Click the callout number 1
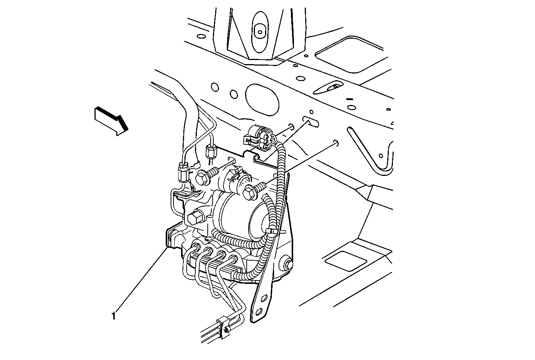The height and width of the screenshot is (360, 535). (x=114, y=316)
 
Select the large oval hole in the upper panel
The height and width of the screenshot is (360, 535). (x=262, y=100)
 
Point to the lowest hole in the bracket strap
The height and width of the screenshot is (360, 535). (x=259, y=312)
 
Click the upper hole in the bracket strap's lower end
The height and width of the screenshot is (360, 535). (x=264, y=298)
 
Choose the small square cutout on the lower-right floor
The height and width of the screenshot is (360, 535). (x=346, y=261)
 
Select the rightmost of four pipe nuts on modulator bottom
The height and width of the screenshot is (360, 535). (x=234, y=258)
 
